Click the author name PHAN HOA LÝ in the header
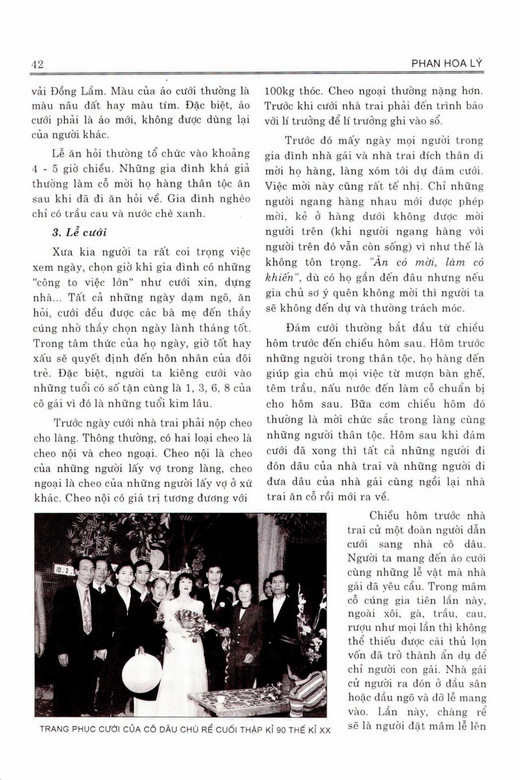(447, 64)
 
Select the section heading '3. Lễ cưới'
(80, 233)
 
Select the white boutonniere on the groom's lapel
(222, 604)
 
